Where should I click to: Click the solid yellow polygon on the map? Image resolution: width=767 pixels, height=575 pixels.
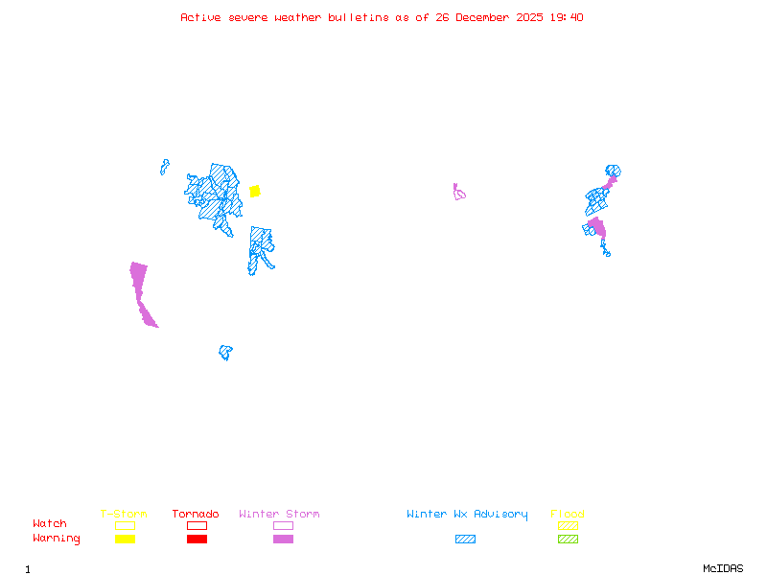click(x=255, y=191)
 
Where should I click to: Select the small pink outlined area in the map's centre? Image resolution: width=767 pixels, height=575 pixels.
click(x=459, y=193)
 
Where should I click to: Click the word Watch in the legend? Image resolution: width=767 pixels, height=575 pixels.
click(x=50, y=524)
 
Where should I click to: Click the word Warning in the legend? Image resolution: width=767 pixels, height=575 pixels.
click(x=57, y=539)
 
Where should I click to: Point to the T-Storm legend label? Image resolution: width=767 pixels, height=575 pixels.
click(x=124, y=515)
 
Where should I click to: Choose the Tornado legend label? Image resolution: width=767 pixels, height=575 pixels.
click(x=196, y=515)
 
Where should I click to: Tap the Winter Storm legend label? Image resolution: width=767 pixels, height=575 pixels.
click(x=279, y=515)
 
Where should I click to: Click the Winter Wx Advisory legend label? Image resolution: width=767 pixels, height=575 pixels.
click(x=467, y=515)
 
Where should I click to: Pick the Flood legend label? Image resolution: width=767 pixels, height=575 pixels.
click(x=568, y=515)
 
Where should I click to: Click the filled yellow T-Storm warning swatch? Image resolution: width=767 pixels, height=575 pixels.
click(x=125, y=540)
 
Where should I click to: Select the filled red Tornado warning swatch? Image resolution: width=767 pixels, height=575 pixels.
click(x=197, y=540)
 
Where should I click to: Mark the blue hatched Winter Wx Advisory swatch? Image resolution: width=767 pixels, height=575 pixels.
click(x=465, y=540)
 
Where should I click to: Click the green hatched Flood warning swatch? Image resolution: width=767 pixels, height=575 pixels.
click(x=568, y=540)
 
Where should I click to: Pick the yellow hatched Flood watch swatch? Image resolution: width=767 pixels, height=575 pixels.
click(x=568, y=525)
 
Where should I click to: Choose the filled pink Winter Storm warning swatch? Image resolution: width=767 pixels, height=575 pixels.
click(x=283, y=540)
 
